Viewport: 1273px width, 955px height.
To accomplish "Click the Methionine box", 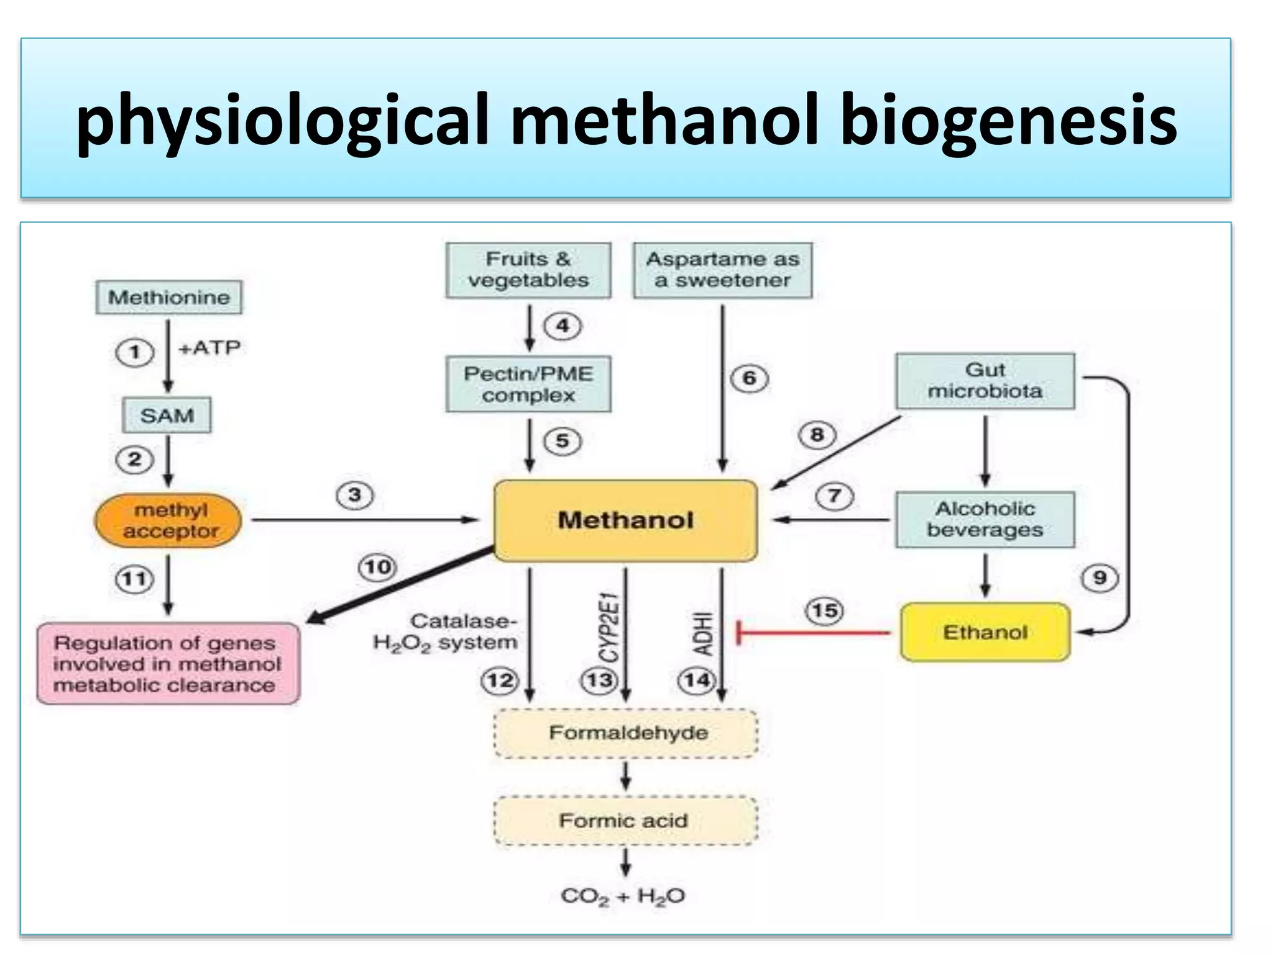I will (x=169, y=297).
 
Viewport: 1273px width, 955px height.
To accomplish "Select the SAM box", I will (x=167, y=415).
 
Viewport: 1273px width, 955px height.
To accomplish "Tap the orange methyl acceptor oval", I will (x=168, y=521).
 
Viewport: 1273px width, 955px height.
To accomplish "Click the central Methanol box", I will (x=625, y=520).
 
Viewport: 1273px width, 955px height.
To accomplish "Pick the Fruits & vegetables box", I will (x=528, y=270).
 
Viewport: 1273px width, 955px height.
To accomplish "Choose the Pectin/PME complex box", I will (x=528, y=384).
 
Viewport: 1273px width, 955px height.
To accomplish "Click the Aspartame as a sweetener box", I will (x=722, y=270).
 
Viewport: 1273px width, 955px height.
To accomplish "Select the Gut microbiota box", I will (x=985, y=381).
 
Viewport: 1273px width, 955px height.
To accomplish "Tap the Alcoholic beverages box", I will (x=985, y=520).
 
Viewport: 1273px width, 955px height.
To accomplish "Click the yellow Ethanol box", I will (x=985, y=632).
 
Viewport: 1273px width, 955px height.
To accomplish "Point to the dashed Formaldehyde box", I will (x=627, y=733).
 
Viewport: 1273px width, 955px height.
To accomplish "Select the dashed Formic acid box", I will (x=625, y=821).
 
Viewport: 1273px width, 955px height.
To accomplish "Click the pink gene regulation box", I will (x=168, y=663).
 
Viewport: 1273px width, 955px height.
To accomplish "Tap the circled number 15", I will (x=825, y=611).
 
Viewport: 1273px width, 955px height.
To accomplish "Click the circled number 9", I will (x=1100, y=578).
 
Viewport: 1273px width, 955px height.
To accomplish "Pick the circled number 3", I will (x=355, y=496).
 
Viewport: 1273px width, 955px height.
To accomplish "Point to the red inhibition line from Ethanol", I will (x=814, y=633).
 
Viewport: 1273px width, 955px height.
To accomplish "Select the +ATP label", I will (x=209, y=348).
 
